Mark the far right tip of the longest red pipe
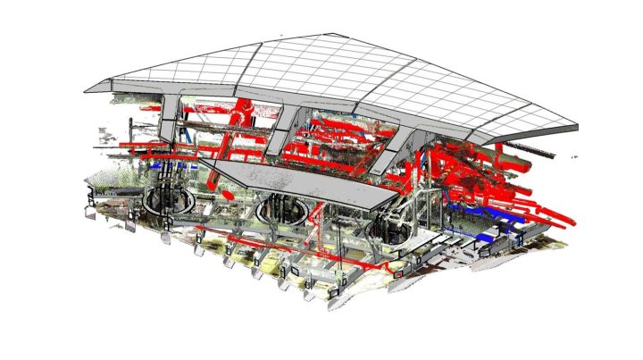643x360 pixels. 572,221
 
